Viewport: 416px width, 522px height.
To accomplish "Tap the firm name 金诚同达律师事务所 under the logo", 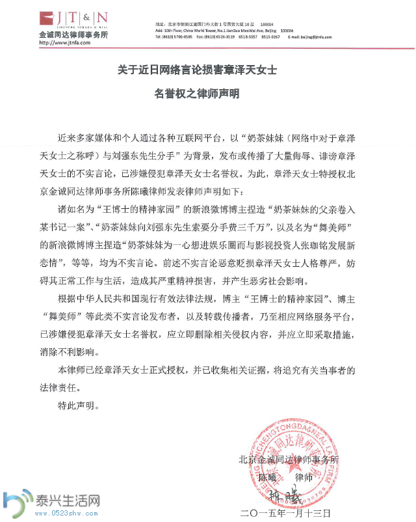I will click(x=73, y=34).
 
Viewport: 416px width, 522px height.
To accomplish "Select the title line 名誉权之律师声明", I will click(x=197, y=94).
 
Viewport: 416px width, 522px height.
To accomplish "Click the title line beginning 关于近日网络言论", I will click(x=197, y=68).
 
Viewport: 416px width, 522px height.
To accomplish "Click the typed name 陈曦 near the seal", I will click(x=268, y=477).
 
